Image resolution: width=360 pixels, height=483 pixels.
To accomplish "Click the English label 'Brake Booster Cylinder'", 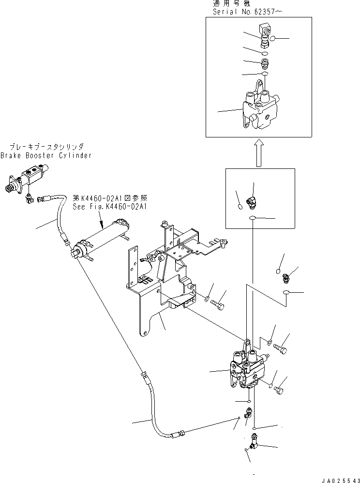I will coord(45,155).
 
